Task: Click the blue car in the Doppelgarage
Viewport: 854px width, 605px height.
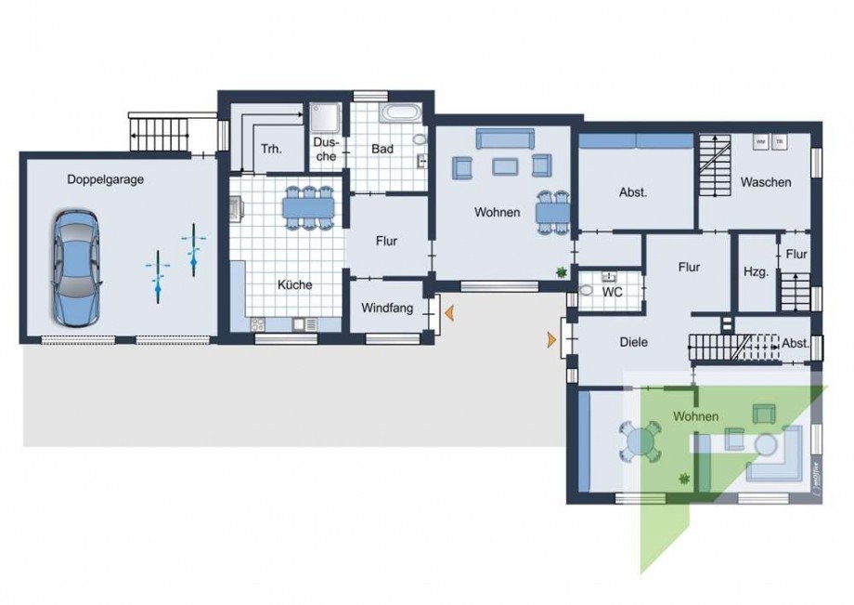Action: coord(75,268)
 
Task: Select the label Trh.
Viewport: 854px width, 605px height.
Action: coord(271,149)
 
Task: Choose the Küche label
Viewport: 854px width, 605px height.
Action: coord(293,284)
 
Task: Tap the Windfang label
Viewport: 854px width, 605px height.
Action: coord(387,308)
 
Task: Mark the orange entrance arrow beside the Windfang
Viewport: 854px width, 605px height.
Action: coord(448,316)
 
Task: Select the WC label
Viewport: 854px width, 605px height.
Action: coord(612,292)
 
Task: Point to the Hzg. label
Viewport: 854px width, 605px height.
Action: coord(754,272)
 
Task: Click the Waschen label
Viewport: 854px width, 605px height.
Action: coord(766,182)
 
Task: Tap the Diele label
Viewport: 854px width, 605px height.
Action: coord(633,342)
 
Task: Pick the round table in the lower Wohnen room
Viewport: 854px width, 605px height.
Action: coord(640,441)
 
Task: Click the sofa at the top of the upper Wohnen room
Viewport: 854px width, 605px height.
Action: coord(504,138)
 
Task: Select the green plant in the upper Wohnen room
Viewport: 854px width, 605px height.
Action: coord(561,271)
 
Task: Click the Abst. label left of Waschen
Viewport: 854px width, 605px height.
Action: coord(633,193)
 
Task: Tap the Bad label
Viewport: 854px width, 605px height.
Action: coord(382,149)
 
